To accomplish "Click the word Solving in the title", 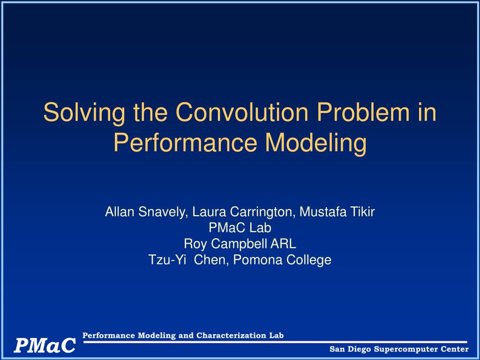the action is [84, 113].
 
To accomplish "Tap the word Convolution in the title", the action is [241, 112].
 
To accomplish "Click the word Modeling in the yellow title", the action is [315, 143].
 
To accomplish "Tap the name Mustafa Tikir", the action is [337, 211].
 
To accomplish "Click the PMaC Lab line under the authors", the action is [240, 228].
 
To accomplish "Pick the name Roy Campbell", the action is [225, 244].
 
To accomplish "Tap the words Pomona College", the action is [282, 260].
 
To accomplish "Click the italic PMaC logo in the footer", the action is [45, 345].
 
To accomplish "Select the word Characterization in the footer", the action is [232, 336].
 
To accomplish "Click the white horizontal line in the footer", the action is [275, 342].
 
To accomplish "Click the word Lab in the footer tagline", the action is [277, 336].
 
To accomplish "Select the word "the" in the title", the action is [150, 112].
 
